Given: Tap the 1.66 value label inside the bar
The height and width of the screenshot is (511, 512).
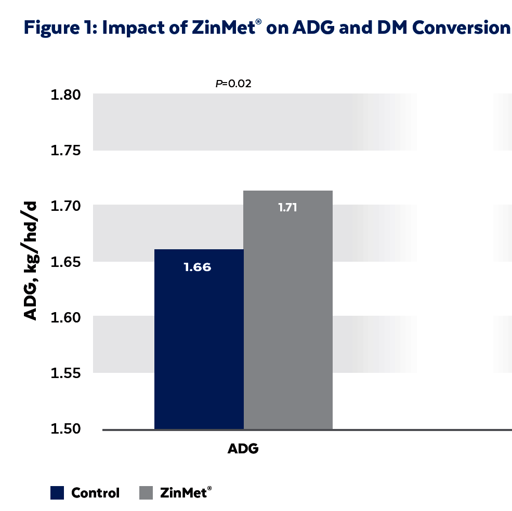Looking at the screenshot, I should tap(198, 268).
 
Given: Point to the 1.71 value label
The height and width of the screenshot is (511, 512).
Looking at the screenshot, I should tap(288, 208).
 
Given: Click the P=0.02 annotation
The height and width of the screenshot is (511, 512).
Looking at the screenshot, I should tap(233, 83).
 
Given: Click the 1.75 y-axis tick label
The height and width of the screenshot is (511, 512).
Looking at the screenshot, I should tap(66, 151).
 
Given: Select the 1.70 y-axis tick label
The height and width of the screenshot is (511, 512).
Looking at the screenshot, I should tap(66, 207).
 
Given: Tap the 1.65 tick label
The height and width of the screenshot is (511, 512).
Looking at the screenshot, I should tap(66, 262).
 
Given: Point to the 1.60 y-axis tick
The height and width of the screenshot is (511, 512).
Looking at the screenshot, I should tap(66, 318).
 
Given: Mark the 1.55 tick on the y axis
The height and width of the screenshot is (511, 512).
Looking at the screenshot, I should tap(66, 373).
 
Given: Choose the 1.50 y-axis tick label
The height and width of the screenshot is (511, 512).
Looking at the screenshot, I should tap(66, 429).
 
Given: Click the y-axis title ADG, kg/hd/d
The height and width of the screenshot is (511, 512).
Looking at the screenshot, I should tap(31, 262).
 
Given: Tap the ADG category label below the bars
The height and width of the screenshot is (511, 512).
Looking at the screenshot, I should tap(243, 449).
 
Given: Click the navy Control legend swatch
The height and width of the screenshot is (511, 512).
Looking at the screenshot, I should tap(57, 492).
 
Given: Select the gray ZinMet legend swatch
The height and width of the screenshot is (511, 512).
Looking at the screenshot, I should tap(146, 492).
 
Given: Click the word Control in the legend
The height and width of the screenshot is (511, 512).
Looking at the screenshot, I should tap(95, 493).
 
